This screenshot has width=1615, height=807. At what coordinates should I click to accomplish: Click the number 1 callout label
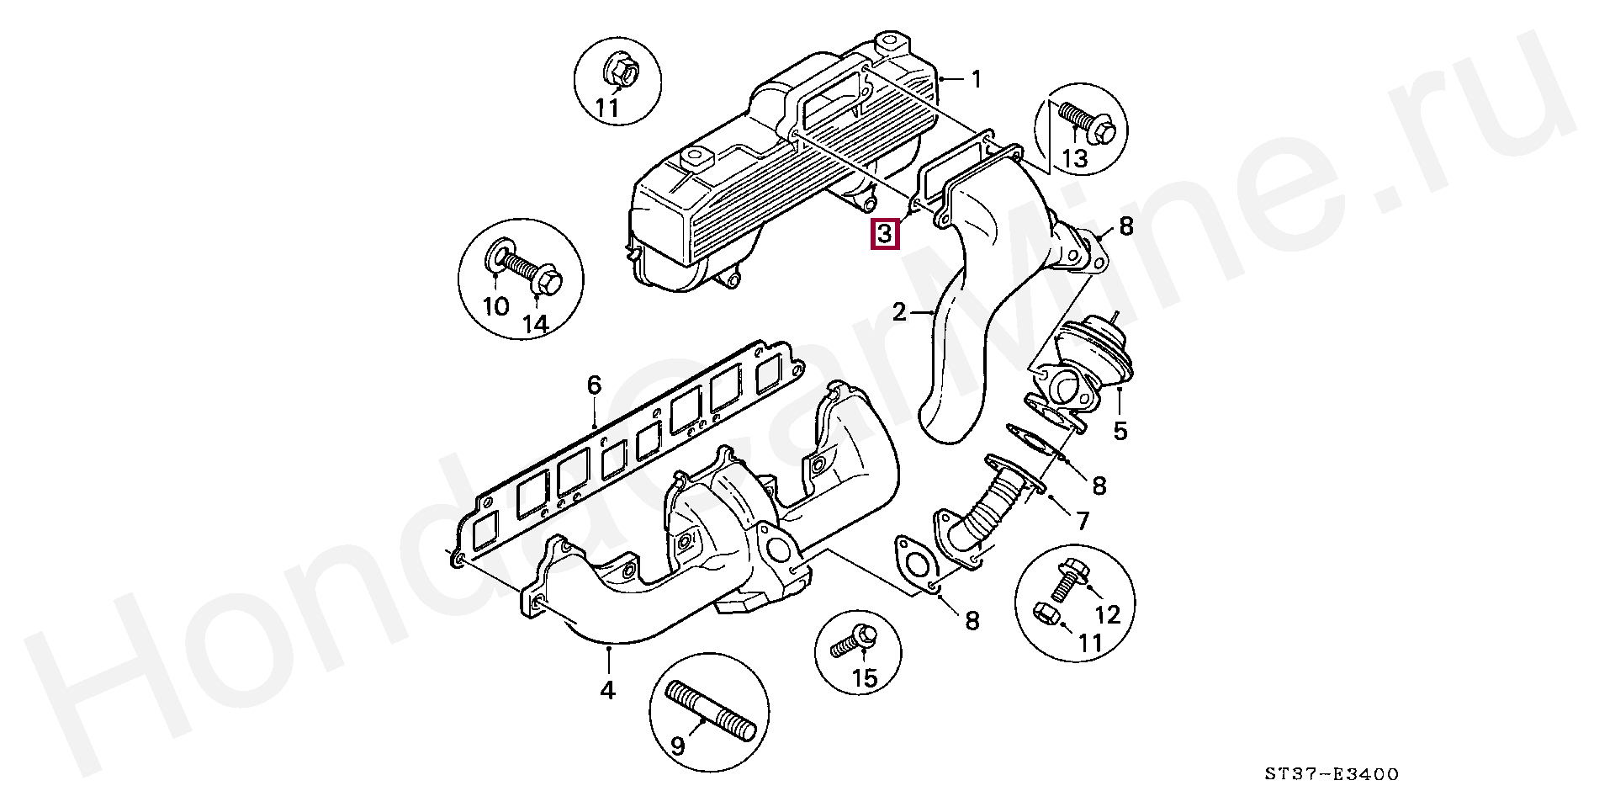[976, 80]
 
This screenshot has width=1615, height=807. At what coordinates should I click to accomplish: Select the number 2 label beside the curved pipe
[900, 313]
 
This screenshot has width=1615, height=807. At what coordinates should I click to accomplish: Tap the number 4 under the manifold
[607, 690]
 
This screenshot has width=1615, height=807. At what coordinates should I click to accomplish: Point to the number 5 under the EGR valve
[1120, 431]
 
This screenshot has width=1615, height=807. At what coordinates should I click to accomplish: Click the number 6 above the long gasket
[594, 385]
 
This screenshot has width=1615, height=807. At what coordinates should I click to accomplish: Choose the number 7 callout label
[1082, 521]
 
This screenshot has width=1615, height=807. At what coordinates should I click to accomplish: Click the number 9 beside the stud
[677, 746]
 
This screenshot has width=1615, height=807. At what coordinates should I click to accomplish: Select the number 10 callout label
[496, 306]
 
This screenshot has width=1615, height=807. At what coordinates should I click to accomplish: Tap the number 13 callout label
[1075, 157]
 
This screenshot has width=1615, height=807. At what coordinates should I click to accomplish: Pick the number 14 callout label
[535, 324]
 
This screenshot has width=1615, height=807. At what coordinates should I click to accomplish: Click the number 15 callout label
[865, 677]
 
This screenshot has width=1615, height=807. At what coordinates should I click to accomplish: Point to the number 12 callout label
[1108, 615]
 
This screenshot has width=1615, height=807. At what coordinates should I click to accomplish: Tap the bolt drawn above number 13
[1087, 123]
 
